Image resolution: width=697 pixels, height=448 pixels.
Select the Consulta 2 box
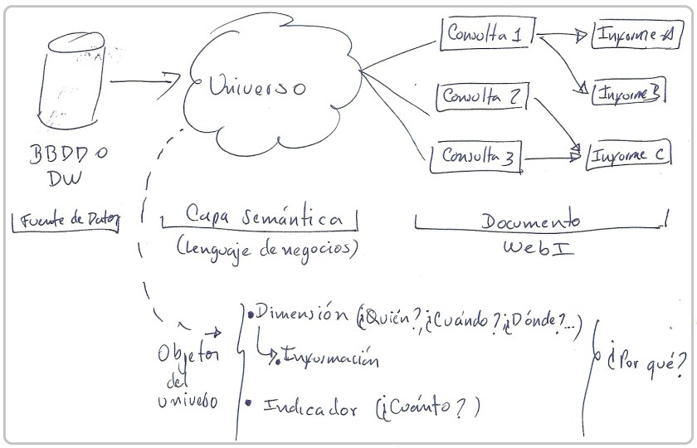[482, 96]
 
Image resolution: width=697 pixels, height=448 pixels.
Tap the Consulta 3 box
[476, 155]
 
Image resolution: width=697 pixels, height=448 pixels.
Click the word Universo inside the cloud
[256, 86]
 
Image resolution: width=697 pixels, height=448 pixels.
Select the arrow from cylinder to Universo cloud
[145, 81]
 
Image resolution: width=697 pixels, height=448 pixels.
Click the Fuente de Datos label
[65, 220]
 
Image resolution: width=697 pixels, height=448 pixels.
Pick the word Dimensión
[299, 314]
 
